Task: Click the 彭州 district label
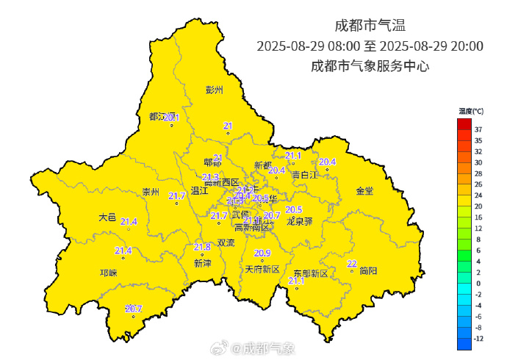(x=214, y=90)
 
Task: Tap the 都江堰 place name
(x=160, y=117)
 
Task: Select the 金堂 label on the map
(x=364, y=191)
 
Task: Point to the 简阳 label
(x=368, y=271)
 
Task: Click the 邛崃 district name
(x=108, y=273)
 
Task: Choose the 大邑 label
(x=107, y=217)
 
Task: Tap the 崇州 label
(x=151, y=192)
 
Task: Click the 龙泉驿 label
(x=299, y=220)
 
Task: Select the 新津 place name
(x=202, y=263)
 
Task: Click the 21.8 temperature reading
(x=202, y=247)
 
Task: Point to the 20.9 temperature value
(x=262, y=253)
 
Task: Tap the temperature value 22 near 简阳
(x=352, y=264)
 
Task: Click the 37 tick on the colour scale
(x=478, y=129)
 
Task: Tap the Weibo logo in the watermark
(x=234, y=347)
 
